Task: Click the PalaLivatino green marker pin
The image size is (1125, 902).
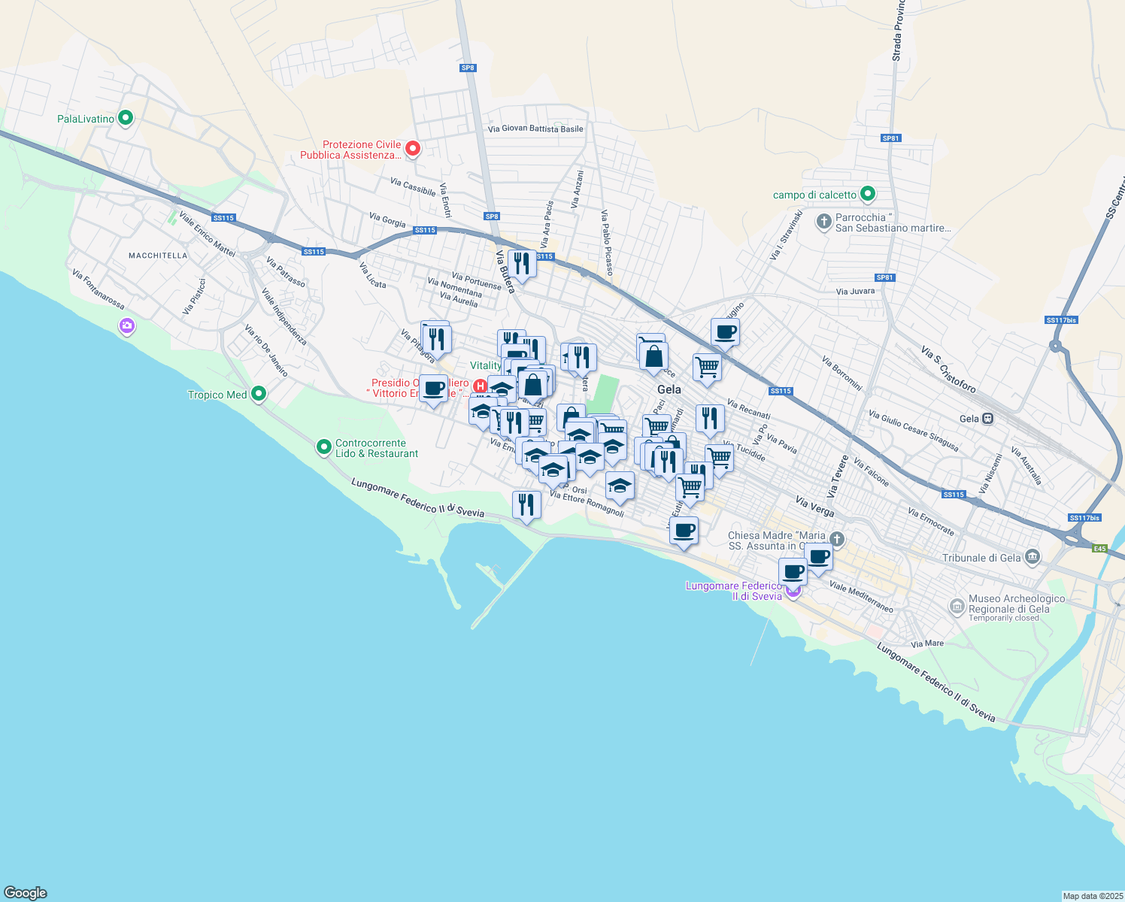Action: pyautogui.click(x=126, y=118)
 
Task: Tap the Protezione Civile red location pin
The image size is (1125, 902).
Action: pyautogui.click(x=412, y=148)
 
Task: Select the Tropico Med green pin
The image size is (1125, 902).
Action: pyautogui.click(x=259, y=394)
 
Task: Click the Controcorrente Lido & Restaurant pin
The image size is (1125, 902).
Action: pyautogui.click(x=324, y=447)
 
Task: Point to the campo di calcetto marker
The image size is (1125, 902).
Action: pyautogui.click(x=867, y=194)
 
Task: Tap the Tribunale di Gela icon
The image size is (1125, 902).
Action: pyautogui.click(x=1032, y=557)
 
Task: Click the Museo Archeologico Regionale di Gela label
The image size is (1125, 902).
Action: pyautogui.click(x=1016, y=604)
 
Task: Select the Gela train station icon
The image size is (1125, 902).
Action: pyautogui.click(x=988, y=419)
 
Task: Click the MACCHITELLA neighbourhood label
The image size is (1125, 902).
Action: pyautogui.click(x=158, y=256)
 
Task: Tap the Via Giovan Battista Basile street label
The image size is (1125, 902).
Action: pyautogui.click(x=535, y=129)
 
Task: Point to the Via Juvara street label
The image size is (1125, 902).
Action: pyautogui.click(x=855, y=291)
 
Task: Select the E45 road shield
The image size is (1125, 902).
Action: pyautogui.click(x=1099, y=549)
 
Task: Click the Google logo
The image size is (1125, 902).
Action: pyautogui.click(x=26, y=893)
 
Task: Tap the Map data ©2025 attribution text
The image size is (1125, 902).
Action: pyautogui.click(x=1092, y=896)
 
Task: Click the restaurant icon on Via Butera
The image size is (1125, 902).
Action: pyautogui.click(x=522, y=264)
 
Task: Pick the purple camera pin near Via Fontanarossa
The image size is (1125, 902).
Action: pyautogui.click(x=126, y=325)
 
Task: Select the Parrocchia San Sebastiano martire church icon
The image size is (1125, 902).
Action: pyautogui.click(x=824, y=221)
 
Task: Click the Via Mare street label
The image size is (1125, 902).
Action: pyautogui.click(x=926, y=643)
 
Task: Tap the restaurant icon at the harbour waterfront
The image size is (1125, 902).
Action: pyautogui.click(x=526, y=504)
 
